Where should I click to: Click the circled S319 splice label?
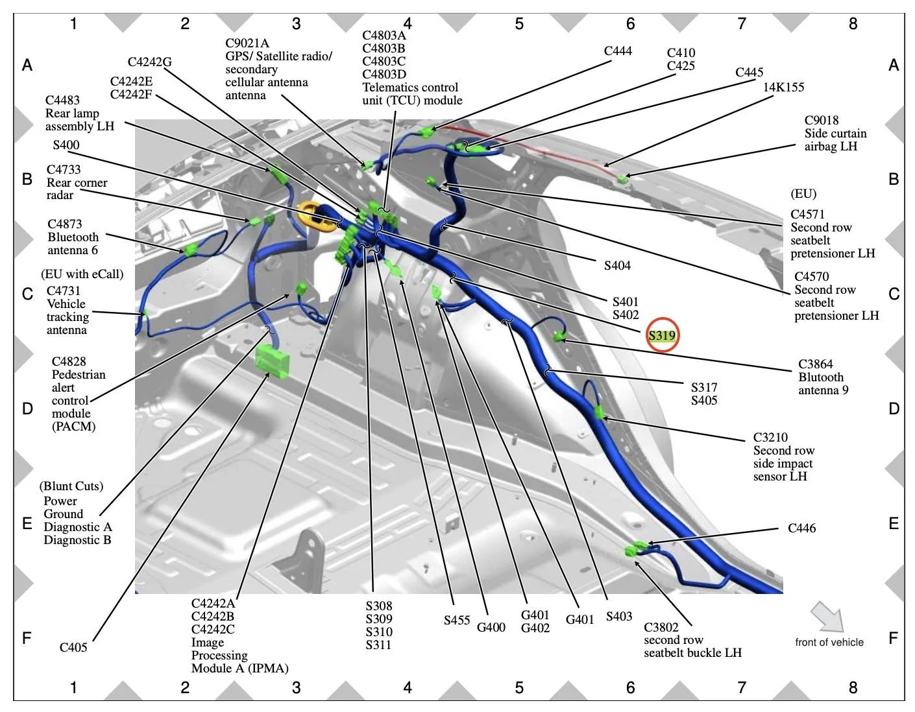pyautogui.click(x=661, y=335)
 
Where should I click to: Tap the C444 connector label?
pyautogui.click(x=618, y=51)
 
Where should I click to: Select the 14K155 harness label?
pyautogui.click(x=783, y=87)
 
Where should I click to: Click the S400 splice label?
pyautogui.click(x=66, y=145)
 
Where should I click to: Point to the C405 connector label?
pyautogui.click(x=73, y=647)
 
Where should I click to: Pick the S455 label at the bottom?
pyautogui.click(x=456, y=621)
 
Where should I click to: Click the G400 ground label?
pyautogui.click(x=491, y=628)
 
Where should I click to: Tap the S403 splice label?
pyautogui.click(x=619, y=616)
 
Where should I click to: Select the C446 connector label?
pyautogui.click(x=801, y=528)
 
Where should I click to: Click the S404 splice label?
pyautogui.click(x=617, y=265)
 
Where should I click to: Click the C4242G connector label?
pyautogui.click(x=149, y=62)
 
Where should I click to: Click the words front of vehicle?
pyautogui.click(x=829, y=642)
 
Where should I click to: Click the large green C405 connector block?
pyautogui.click(x=272, y=360)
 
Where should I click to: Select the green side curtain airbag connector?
pyautogui.click(x=622, y=180)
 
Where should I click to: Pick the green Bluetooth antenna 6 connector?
pyautogui.click(x=190, y=250)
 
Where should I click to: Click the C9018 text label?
pyautogui.click(x=821, y=120)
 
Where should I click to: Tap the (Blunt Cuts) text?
pyautogui.click(x=71, y=486)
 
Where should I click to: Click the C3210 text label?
pyautogui.click(x=770, y=437)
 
